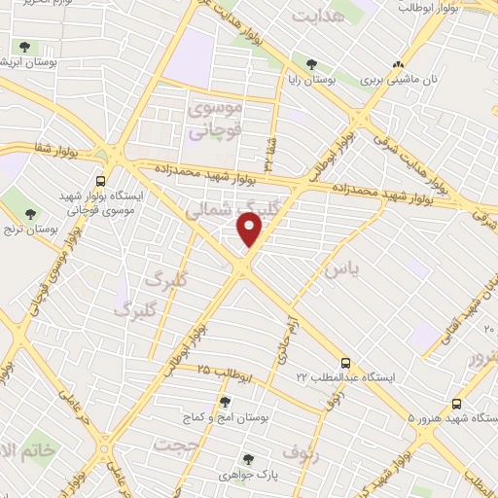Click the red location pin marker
[250, 228]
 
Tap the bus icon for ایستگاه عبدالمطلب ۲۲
[347, 360]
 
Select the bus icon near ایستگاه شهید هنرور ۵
[457, 404]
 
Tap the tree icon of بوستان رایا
[311, 65]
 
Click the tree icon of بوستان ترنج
[31, 213]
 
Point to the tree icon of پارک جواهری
[248, 458]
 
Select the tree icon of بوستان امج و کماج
[226, 401]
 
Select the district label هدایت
[320, 16]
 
